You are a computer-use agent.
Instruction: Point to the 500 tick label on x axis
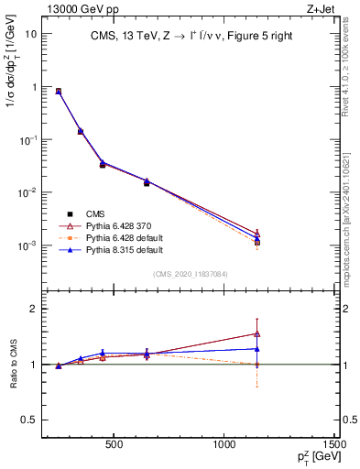115,446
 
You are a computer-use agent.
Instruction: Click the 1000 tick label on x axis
225,446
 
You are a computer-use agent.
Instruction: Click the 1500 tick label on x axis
336,446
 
